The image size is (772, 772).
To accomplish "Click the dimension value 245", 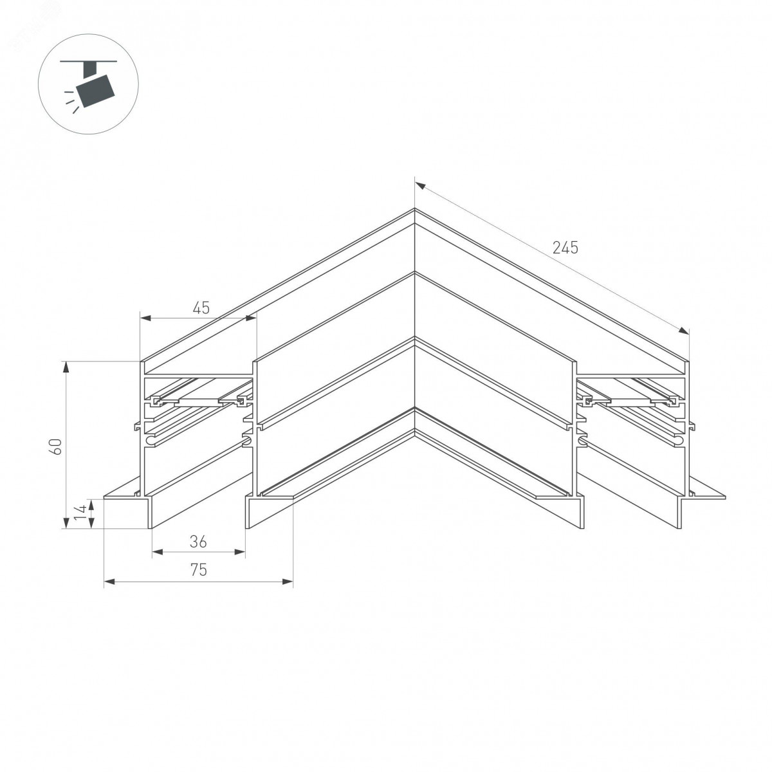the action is coord(565,248).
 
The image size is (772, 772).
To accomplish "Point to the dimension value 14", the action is coord(80,513).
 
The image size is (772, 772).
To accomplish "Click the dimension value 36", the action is coord(198,542).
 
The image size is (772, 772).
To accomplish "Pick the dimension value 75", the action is coord(199,570).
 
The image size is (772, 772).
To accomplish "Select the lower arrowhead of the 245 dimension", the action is coord(683,330).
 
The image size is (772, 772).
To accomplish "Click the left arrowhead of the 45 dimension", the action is coord(145,318).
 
